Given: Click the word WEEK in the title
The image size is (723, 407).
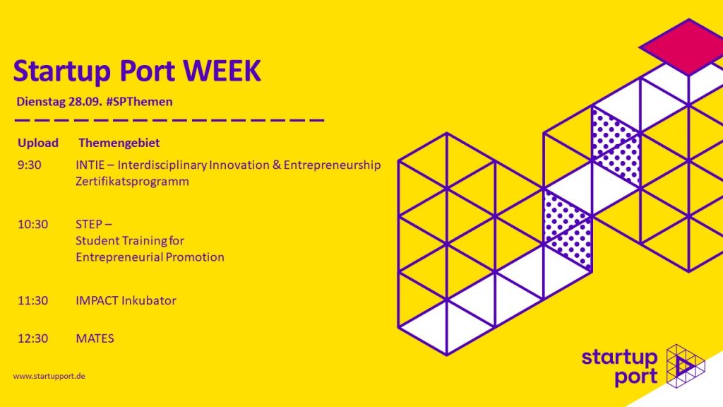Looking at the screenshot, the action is (x=222, y=71).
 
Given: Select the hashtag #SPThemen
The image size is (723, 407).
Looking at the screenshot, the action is (x=139, y=102).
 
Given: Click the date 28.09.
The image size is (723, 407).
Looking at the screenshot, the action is (x=85, y=102).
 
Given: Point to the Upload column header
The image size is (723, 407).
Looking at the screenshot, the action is (x=38, y=143).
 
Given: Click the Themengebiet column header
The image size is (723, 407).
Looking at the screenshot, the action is (x=119, y=143).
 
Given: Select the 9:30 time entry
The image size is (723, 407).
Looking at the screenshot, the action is (x=29, y=165).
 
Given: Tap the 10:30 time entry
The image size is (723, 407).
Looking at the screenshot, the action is (x=32, y=224).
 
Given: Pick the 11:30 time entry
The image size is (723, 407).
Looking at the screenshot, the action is (x=32, y=300).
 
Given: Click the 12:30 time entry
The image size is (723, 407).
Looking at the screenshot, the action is (x=32, y=338).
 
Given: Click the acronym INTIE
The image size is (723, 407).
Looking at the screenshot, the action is (x=90, y=165).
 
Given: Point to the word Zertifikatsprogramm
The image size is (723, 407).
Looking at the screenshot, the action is (x=132, y=182).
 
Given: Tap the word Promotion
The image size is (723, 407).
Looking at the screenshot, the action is (x=195, y=257).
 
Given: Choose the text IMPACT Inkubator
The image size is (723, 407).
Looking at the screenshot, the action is (x=126, y=300).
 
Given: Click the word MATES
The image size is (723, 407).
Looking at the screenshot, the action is (x=95, y=338).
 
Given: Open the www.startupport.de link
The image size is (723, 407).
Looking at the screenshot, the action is (x=49, y=376).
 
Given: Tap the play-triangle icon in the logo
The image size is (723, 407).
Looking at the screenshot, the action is (x=684, y=365).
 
